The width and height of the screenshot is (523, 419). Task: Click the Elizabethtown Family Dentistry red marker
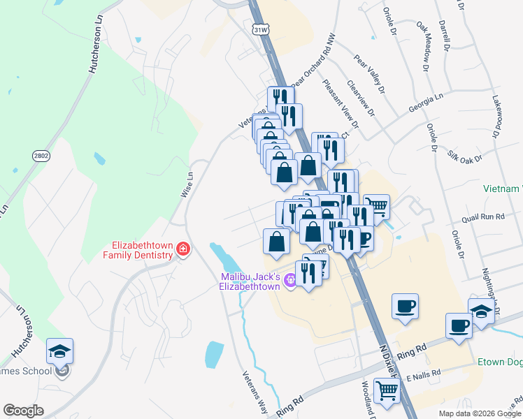point(183,249)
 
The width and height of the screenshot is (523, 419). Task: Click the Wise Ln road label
point(186,184)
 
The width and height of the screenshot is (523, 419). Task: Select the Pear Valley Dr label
point(369,74)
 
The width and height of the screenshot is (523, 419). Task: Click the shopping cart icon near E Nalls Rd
point(387,390)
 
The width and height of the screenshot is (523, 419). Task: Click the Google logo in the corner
point(23,411)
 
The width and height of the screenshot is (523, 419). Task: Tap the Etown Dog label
point(500,362)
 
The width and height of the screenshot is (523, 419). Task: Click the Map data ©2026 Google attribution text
point(480,413)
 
